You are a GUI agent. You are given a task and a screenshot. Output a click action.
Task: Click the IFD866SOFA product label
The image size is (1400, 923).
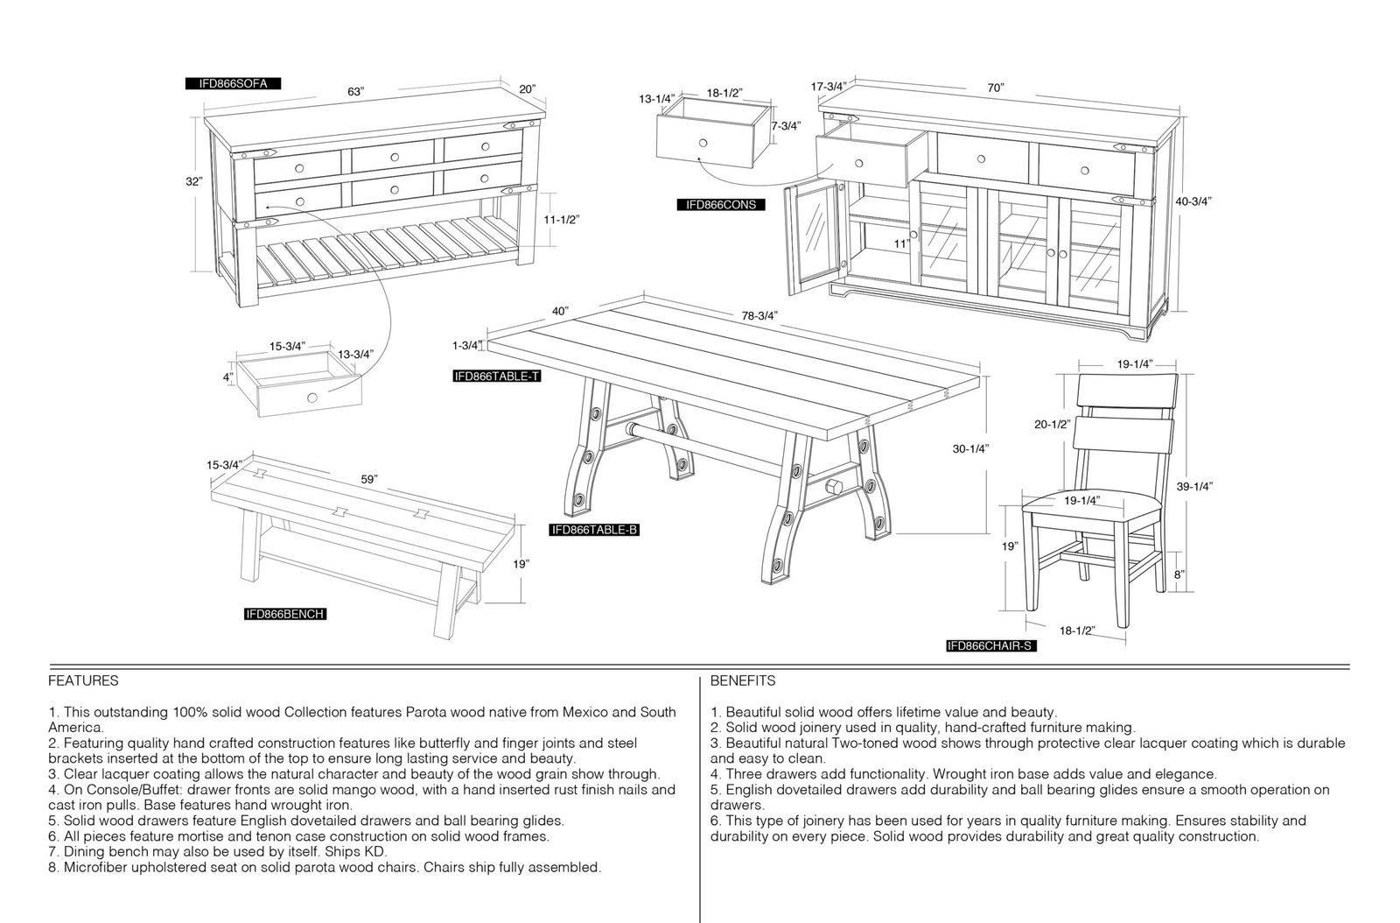pyautogui.click(x=233, y=84)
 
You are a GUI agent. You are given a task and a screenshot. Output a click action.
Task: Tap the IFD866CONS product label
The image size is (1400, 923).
pyautogui.click(x=721, y=205)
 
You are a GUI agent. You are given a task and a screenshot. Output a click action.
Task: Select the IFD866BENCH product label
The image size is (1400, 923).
pyautogui.click(x=285, y=614)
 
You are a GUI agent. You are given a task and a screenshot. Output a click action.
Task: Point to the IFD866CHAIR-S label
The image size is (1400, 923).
pyautogui.click(x=991, y=646)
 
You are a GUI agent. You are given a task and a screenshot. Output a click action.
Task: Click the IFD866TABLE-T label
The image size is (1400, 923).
pyautogui.click(x=497, y=376)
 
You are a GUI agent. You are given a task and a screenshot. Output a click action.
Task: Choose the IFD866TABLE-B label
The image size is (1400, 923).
pyautogui.click(x=594, y=531)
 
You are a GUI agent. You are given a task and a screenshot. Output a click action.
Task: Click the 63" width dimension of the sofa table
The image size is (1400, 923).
pyautogui.click(x=355, y=91)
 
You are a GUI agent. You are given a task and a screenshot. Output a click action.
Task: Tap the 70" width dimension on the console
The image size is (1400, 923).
pyautogui.click(x=996, y=88)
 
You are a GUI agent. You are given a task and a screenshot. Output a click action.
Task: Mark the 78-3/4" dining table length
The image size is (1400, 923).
pyautogui.click(x=759, y=316)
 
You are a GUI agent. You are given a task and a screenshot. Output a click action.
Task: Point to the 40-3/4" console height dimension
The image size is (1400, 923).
pyautogui.click(x=1193, y=201)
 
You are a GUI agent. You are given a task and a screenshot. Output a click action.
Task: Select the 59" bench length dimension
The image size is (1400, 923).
pyautogui.click(x=369, y=480)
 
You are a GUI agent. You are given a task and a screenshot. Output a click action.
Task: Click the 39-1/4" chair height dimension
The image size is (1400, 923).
pyautogui.click(x=1194, y=487)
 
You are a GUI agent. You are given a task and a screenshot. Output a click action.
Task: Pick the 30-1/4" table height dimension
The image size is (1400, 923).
pyautogui.click(x=970, y=448)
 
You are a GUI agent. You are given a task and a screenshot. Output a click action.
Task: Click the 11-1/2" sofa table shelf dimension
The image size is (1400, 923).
pyautogui.click(x=561, y=220)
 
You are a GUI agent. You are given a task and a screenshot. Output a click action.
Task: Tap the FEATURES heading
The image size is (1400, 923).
pyautogui.click(x=83, y=680)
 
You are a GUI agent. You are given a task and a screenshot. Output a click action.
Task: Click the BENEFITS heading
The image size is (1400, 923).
pyautogui.click(x=743, y=680)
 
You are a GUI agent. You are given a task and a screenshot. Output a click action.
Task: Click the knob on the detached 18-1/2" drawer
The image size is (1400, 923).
pyautogui.click(x=703, y=144)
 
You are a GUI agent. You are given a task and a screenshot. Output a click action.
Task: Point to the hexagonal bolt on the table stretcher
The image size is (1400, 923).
pyautogui.click(x=832, y=487)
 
